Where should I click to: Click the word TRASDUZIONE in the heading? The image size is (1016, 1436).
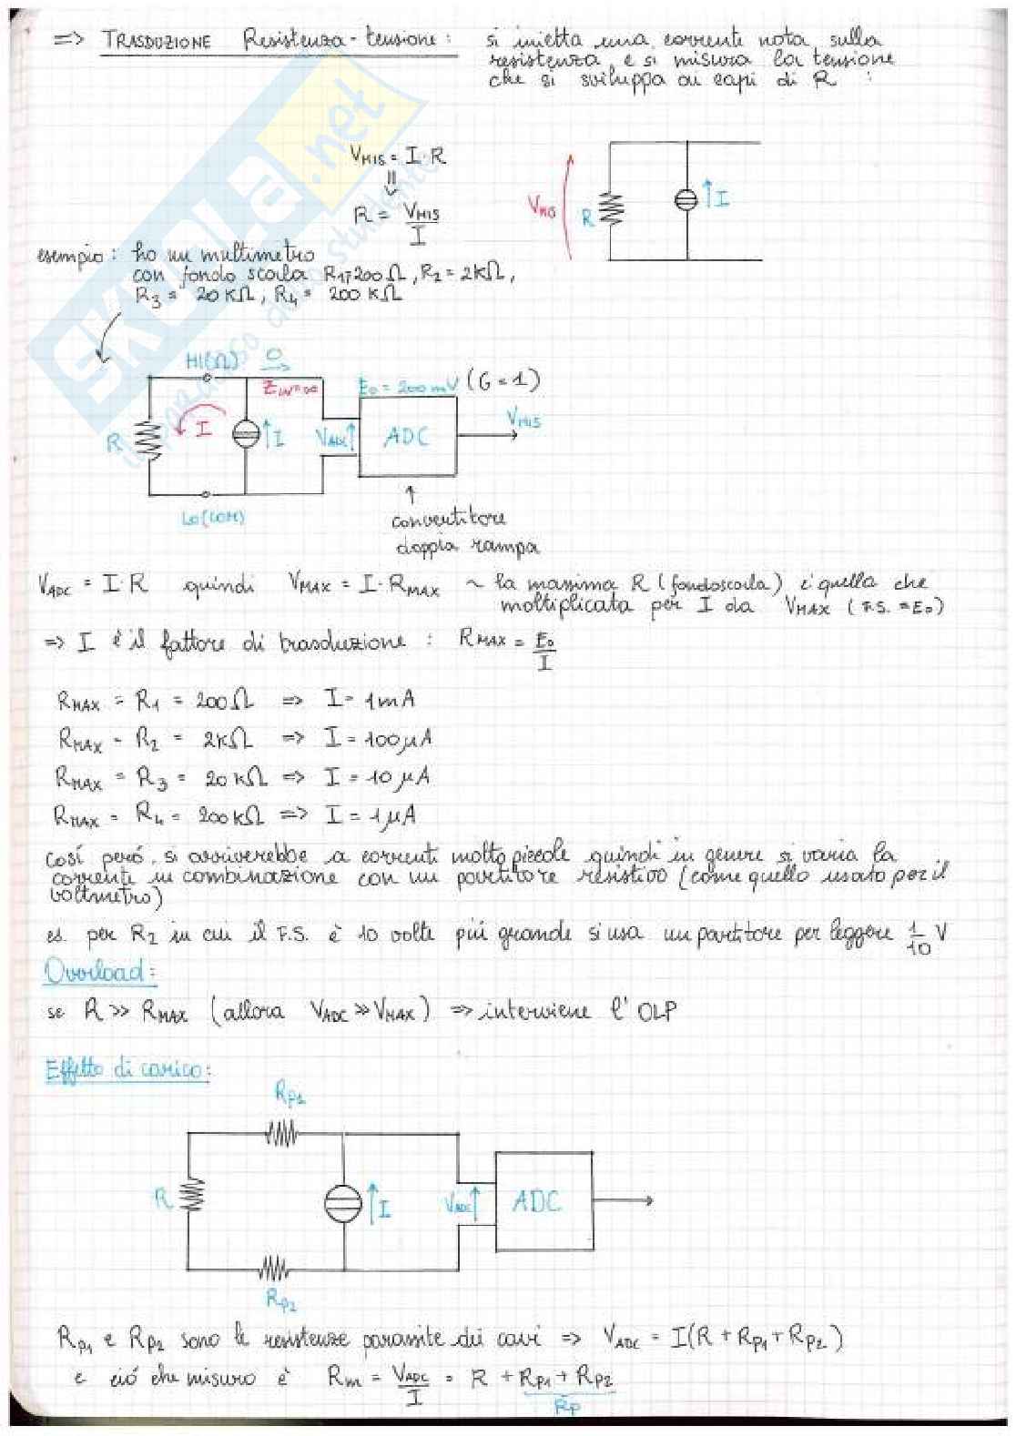tap(157, 41)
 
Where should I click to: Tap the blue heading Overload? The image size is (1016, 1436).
tap(98, 972)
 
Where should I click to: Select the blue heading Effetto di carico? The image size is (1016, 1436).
tap(127, 1070)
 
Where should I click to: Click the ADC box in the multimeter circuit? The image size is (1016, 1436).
tap(407, 437)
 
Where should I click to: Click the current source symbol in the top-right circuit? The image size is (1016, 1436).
tap(686, 200)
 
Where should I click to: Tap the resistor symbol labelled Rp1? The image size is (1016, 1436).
tap(281, 1133)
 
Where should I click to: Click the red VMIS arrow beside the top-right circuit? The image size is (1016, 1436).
tap(567, 207)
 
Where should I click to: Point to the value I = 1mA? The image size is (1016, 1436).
tap(369, 700)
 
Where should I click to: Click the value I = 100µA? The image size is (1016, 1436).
tap(378, 738)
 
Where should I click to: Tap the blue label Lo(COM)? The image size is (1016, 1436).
tap(212, 518)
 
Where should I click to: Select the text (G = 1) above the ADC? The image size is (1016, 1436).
tap(503, 380)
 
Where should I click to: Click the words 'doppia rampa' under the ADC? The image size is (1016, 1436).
tap(466, 546)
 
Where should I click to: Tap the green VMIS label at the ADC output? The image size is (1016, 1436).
tap(523, 420)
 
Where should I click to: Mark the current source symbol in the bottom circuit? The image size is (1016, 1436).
tap(343, 1203)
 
